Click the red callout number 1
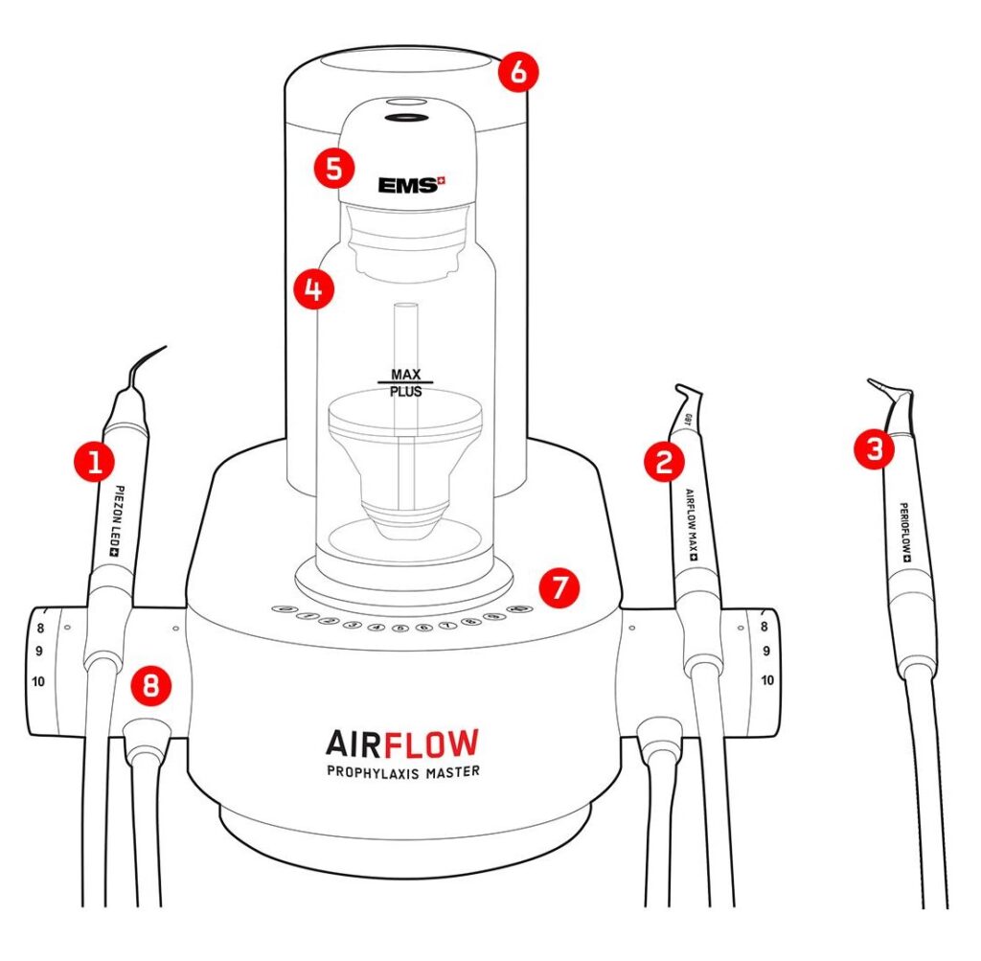click(94, 463)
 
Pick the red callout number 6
click(518, 74)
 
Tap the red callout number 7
click(559, 586)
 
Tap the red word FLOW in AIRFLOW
click(436, 743)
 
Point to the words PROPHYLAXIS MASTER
click(401, 771)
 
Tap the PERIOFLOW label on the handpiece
click(903, 533)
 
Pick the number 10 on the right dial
click(766, 681)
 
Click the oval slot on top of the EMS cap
click(396, 119)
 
